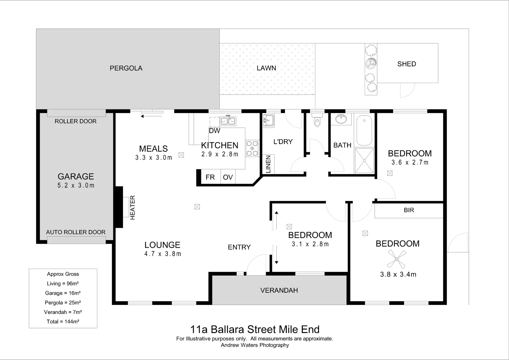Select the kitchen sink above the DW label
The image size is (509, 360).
[227, 121]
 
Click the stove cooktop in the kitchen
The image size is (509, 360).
[252, 148]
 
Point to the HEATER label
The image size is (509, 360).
[132, 207]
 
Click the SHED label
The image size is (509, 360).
[406, 64]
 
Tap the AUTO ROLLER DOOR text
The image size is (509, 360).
[76, 232]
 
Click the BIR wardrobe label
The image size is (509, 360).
[409, 210]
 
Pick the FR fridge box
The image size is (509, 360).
[210, 177]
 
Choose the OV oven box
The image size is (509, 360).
[228, 177]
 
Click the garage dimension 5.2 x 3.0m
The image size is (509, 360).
[76, 186]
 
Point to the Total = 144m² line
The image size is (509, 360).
[63, 322]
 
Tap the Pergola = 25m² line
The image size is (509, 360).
[63, 303]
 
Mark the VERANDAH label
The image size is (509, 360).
[279, 290]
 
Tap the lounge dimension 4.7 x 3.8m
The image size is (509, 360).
[163, 254]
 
